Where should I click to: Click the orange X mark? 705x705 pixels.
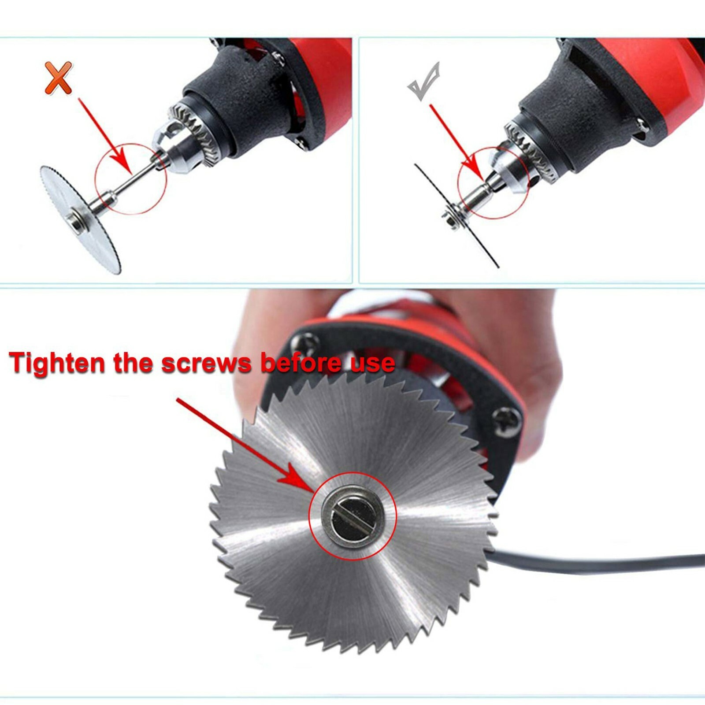click(x=58, y=78)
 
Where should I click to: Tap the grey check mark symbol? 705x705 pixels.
click(x=423, y=82)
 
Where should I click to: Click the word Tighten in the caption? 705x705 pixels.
click(x=57, y=364)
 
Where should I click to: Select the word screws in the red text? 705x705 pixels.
click(x=206, y=364)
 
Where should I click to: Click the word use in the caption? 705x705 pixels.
click(x=372, y=363)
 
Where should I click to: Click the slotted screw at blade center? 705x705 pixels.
click(x=352, y=516)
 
